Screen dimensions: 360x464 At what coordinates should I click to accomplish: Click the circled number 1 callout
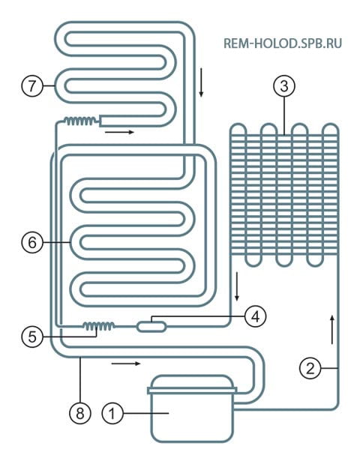112,413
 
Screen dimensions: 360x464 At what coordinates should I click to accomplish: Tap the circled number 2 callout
310,368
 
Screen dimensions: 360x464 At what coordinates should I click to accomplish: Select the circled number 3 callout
284,86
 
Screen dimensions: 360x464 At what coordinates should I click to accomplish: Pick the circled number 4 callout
256,316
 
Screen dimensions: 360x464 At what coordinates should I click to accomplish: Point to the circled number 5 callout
32,337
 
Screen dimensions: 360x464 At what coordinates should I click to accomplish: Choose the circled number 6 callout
32,243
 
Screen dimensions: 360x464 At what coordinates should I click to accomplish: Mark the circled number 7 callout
32,85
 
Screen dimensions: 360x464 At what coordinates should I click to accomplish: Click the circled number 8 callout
80,413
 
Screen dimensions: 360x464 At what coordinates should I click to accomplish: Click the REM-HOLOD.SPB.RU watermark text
283,43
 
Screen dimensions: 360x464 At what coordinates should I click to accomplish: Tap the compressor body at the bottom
192,409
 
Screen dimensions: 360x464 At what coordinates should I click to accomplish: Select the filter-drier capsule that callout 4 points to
151,327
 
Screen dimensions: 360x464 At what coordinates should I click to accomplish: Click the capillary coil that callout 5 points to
98,326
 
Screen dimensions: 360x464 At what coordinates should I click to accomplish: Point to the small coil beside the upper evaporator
80,121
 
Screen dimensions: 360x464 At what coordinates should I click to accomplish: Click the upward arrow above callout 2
332,330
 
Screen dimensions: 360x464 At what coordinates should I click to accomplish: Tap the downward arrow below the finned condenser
236,286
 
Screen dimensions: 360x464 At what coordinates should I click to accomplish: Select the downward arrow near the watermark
201,82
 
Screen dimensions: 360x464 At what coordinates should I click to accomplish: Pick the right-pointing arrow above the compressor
126,364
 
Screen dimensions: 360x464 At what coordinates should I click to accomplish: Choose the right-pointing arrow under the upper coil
119,132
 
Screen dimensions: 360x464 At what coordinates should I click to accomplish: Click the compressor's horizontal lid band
192,391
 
